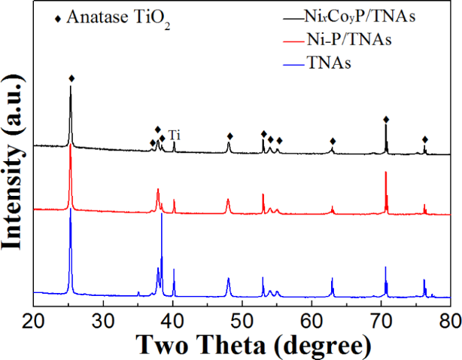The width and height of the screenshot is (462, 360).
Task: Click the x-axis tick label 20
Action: (34, 321)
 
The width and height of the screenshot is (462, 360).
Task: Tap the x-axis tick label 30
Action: (103, 321)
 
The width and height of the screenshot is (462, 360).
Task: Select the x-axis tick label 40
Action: (173, 321)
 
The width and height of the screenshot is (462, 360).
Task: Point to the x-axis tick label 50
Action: (242, 321)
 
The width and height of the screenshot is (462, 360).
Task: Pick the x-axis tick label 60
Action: (312, 321)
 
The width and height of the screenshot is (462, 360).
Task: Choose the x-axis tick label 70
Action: (381, 321)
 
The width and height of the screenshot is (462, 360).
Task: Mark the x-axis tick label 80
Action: (449, 321)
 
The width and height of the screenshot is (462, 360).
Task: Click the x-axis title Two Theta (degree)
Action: (242, 346)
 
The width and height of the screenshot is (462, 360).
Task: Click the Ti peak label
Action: (175, 135)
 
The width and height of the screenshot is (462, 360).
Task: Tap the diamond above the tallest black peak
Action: (71, 78)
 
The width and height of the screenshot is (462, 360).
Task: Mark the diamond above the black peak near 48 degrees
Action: (229, 136)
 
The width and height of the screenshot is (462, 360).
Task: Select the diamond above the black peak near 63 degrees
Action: (333, 142)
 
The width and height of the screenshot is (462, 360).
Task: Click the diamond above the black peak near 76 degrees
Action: (425, 139)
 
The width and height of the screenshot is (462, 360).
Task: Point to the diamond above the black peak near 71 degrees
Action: (386, 119)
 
